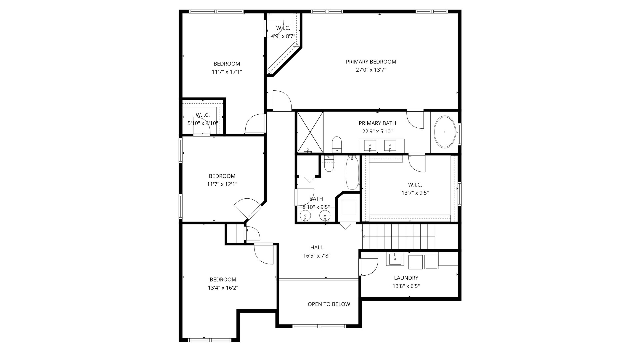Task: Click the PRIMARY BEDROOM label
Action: (371, 62)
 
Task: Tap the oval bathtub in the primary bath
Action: (445, 132)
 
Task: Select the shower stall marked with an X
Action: (310, 132)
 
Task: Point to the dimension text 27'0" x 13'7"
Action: (371, 70)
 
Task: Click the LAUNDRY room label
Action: (406, 278)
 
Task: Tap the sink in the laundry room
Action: (395, 259)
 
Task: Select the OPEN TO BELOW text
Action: (329, 304)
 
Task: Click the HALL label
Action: (317, 248)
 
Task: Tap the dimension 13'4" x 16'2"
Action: (223, 288)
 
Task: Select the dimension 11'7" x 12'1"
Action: (222, 184)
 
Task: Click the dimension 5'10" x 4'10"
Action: (203, 123)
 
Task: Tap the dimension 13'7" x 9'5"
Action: (415, 193)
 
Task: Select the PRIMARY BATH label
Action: (377, 123)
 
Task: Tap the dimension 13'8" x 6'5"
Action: (406, 286)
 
